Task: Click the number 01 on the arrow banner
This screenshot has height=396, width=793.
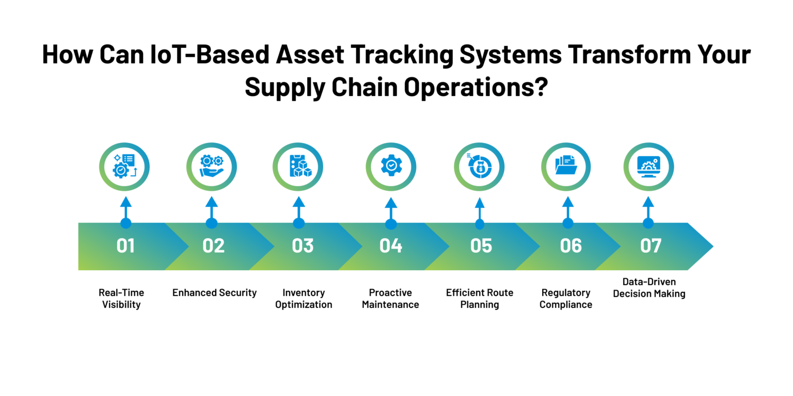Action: tap(125, 246)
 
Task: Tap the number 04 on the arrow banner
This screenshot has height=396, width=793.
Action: tap(391, 246)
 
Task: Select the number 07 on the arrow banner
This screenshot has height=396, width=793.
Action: tap(651, 246)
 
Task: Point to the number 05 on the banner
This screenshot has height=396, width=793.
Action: tap(481, 246)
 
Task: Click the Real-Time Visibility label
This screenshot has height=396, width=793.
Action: tap(121, 299)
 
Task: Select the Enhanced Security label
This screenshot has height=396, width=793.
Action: tap(215, 293)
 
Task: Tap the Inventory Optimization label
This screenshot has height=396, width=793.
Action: tap(304, 299)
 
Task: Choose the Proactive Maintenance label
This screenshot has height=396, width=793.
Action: tap(390, 299)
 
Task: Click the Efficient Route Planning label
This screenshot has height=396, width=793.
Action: tap(480, 299)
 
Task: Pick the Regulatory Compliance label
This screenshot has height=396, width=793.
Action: tap(566, 299)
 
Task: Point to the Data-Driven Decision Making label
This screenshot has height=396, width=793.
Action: tap(649, 287)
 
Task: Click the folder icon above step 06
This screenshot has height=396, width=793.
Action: tap(566, 165)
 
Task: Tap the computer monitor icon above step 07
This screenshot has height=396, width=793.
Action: tap(648, 167)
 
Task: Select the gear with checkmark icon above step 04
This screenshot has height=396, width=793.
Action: tap(391, 165)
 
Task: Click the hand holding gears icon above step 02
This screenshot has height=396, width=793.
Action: tap(212, 166)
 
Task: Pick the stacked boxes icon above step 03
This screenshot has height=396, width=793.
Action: tap(300, 166)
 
